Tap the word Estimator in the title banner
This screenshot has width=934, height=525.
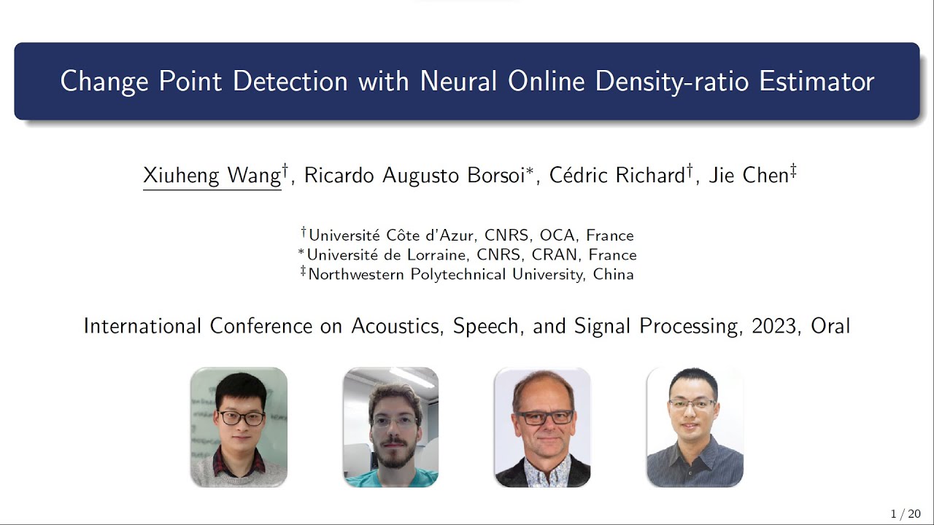pos(817,81)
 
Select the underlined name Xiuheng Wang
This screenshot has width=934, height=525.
pos(212,176)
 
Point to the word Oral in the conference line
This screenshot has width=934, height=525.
pos(830,326)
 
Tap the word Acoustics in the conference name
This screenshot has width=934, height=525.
pos(398,326)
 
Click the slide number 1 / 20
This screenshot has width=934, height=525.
pos(906,513)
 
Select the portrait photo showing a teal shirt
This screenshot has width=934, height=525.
pos(390,427)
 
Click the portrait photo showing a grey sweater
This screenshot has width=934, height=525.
pos(239,427)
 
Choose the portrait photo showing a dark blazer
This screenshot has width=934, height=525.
pos(542,427)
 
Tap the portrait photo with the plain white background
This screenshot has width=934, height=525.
pos(695,427)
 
